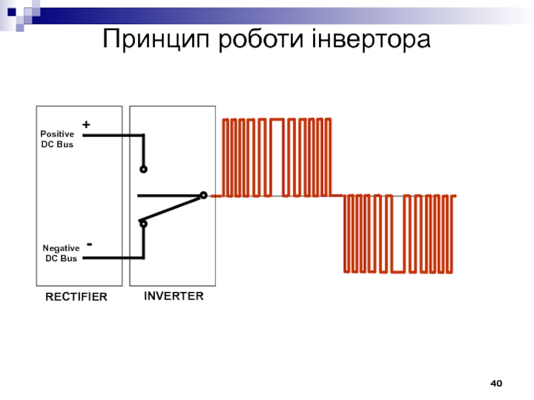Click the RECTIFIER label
coord(75,297)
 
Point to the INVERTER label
coord(174,295)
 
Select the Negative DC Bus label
coord(61,253)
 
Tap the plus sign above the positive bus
coord(86,125)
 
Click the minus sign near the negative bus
coord(89,245)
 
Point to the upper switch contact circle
coord(144,169)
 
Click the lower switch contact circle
coord(144,224)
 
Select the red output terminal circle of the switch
coord(204,195)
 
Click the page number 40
coord(496,384)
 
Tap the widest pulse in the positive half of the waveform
coord(277,157)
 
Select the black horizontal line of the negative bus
coord(113,257)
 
